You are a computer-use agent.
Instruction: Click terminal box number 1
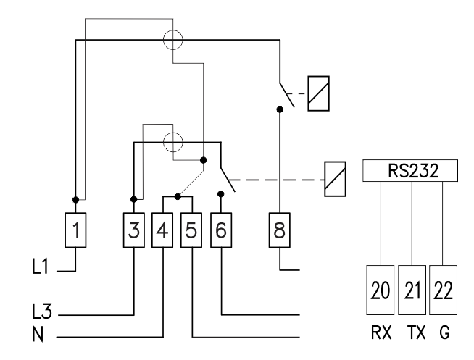[75, 230]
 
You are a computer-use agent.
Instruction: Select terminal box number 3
[134, 230]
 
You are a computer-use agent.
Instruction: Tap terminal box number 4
[162, 230]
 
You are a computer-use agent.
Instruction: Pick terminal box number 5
[191, 230]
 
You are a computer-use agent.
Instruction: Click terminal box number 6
[221, 230]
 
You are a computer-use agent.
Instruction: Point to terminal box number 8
[279, 230]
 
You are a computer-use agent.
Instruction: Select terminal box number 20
[380, 290]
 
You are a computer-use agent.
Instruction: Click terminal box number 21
[412, 290]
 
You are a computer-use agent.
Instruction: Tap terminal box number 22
[443, 290]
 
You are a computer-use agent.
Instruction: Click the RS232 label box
[410, 171]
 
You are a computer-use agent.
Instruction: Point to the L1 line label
[40, 267]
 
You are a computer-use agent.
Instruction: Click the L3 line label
[42, 311]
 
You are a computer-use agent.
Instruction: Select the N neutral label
[38, 335]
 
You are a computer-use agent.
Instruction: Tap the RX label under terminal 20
[381, 332]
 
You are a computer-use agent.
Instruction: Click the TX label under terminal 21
[417, 332]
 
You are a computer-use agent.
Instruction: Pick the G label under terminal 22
[444, 332]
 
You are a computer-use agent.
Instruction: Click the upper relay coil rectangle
[319, 93]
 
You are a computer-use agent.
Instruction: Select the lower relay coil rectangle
[336, 179]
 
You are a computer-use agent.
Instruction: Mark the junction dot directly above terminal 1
[75, 200]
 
